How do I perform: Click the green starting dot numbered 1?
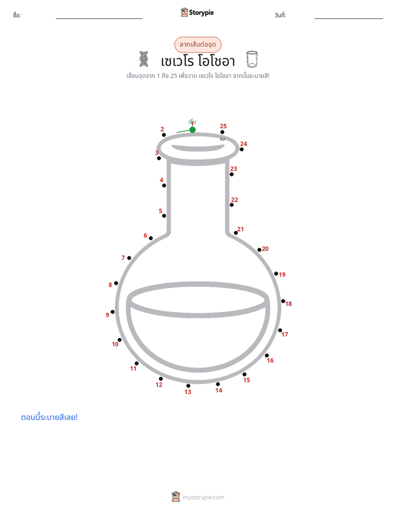(192, 130)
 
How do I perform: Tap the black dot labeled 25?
(222, 132)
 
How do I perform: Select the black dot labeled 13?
(188, 386)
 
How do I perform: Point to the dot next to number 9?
(113, 312)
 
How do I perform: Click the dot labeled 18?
(283, 301)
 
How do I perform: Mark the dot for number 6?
(151, 238)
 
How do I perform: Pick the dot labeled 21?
(236, 233)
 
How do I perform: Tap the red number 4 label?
(161, 180)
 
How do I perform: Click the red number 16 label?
(270, 360)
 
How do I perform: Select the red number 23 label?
(233, 169)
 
